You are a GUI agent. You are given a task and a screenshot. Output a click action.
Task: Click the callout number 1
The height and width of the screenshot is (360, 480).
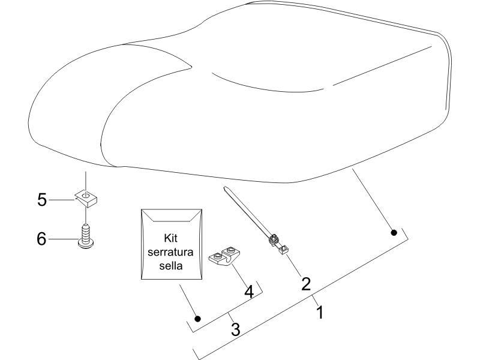click(320, 313)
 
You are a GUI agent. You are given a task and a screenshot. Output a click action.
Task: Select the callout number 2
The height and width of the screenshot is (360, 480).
click(306, 284)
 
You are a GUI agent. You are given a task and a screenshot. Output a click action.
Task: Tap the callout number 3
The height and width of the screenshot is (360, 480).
click(235, 329)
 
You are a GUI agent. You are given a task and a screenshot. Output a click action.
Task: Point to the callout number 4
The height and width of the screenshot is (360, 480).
click(249, 292)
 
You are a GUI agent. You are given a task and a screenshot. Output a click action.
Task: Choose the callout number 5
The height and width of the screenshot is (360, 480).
click(42, 200)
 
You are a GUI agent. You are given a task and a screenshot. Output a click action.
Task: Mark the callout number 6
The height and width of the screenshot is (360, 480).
click(41, 238)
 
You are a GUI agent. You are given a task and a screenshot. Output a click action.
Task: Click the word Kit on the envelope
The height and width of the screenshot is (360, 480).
click(170, 238)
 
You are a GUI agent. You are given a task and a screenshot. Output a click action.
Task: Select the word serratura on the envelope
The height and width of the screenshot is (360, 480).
click(170, 252)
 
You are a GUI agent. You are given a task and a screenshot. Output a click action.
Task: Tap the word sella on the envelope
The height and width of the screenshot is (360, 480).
click(171, 265)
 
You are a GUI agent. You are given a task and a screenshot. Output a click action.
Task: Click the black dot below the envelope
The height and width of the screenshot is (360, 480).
click(198, 319)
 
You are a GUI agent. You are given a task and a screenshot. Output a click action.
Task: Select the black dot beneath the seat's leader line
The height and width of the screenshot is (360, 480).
click(394, 233)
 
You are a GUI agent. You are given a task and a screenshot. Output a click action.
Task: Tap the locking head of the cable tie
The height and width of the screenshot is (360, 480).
click(274, 239)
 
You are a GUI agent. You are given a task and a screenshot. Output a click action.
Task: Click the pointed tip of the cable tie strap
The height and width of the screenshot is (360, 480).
click(225, 188)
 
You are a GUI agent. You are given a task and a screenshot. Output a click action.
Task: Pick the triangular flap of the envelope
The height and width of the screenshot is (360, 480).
click(172, 215)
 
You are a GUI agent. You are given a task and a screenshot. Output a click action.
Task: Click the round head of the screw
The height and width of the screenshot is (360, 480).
click(86, 244)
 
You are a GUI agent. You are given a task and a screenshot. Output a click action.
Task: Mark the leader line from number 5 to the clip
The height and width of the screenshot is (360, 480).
click(62, 200)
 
